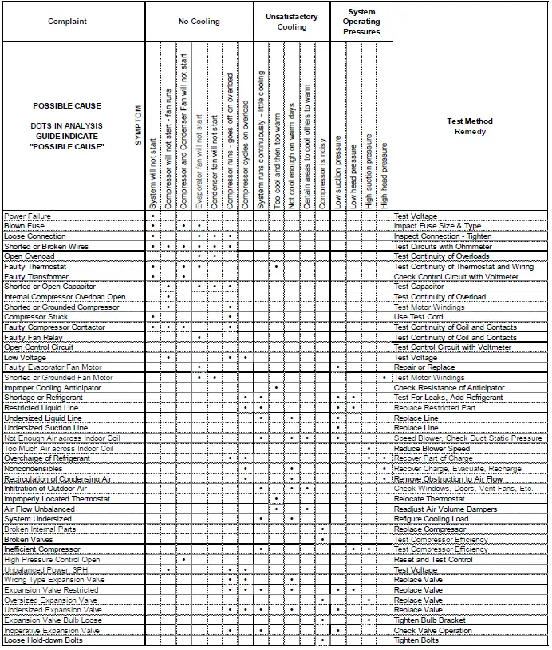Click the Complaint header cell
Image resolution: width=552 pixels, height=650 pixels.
(67, 22)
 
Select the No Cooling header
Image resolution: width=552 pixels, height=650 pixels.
(199, 22)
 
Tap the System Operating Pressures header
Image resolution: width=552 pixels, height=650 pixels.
(361, 22)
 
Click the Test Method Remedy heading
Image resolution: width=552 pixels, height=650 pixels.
(471, 126)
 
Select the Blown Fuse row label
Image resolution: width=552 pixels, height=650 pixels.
(24, 226)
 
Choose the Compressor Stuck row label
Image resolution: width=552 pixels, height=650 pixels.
(35, 317)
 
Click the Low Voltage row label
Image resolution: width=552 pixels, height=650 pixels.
(24, 358)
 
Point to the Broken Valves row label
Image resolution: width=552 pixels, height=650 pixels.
(30, 539)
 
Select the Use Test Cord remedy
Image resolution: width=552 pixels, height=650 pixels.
(419, 317)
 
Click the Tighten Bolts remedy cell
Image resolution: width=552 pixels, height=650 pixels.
(417, 640)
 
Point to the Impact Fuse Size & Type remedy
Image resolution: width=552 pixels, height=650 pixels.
(438, 226)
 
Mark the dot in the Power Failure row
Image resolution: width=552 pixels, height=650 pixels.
(152, 216)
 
